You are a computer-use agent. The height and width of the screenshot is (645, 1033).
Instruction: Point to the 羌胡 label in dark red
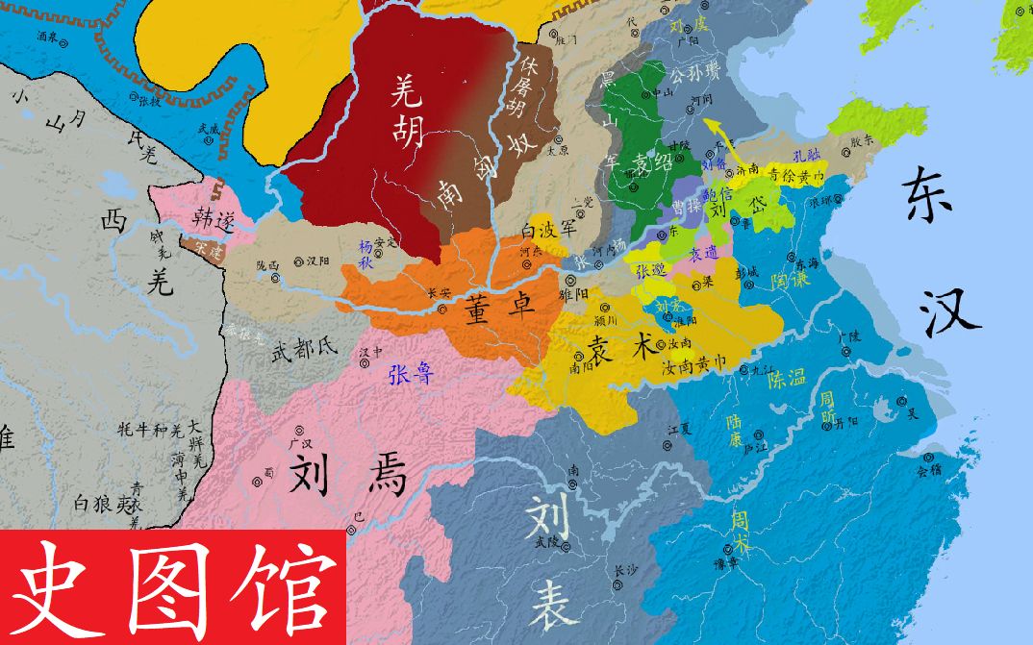point(408,109)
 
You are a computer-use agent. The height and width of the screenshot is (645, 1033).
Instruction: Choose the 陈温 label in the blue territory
point(787,380)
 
